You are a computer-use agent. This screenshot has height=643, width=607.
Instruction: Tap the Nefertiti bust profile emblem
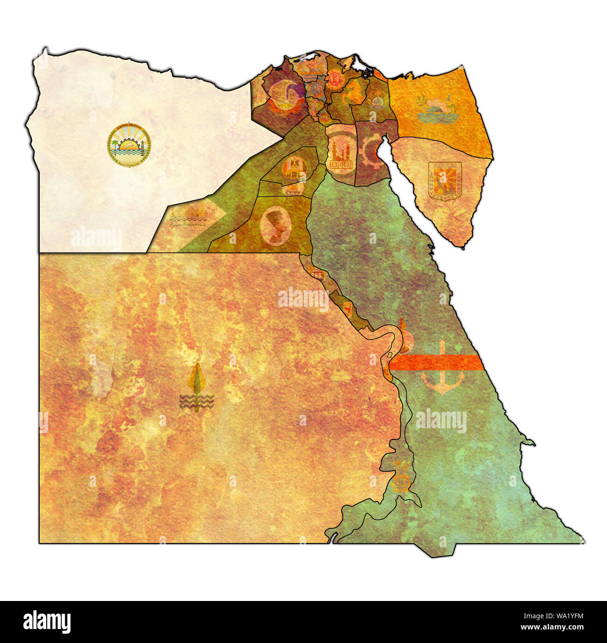point(275,226)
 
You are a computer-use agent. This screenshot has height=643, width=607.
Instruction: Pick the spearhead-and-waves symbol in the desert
point(197,388)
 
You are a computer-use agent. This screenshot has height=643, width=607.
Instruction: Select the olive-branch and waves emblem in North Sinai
point(437,110)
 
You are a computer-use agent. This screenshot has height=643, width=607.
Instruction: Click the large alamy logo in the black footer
point(47,622)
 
